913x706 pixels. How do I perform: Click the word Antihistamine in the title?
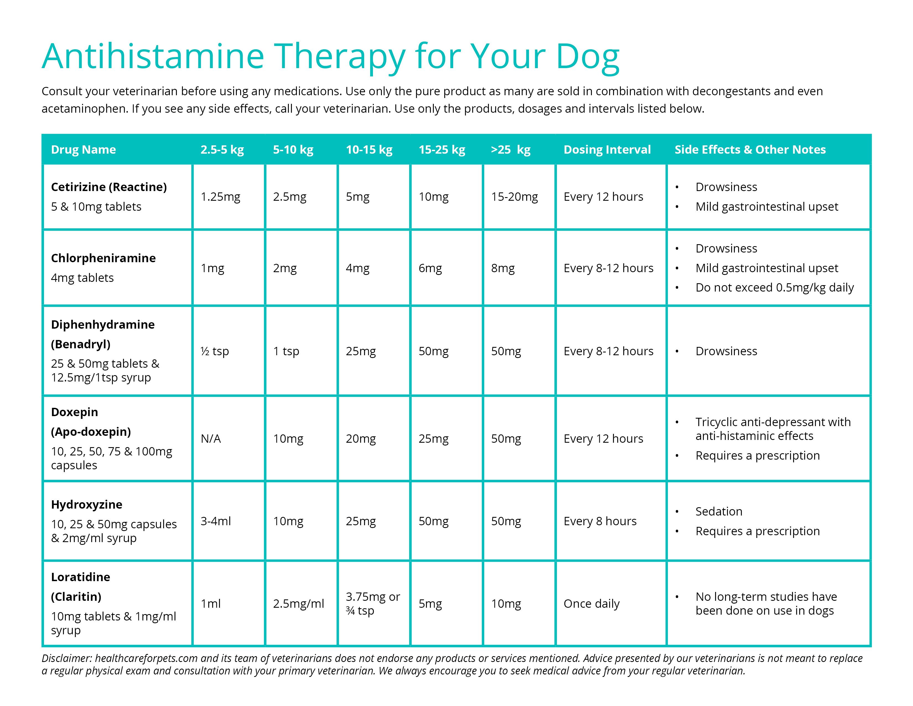(153, 56)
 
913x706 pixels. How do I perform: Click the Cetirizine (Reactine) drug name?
(109, 187)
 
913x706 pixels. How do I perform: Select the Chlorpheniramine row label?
(103, 258)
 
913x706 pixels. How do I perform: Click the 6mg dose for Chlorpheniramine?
(430, 268)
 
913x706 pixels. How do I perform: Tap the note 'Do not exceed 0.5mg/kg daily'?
(774, 288)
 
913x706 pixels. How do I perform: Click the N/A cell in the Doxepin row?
(211, 439)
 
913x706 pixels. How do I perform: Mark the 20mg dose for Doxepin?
(360, 439)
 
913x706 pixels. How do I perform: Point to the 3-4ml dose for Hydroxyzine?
(216, 521)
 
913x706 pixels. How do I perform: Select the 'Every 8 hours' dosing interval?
(600, 521)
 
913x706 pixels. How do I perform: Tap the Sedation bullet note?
(719, 512)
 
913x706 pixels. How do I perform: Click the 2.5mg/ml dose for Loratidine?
(299, 604)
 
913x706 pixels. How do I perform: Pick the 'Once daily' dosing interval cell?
(592, 604)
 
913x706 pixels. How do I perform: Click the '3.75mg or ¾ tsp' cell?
(372, 604)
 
